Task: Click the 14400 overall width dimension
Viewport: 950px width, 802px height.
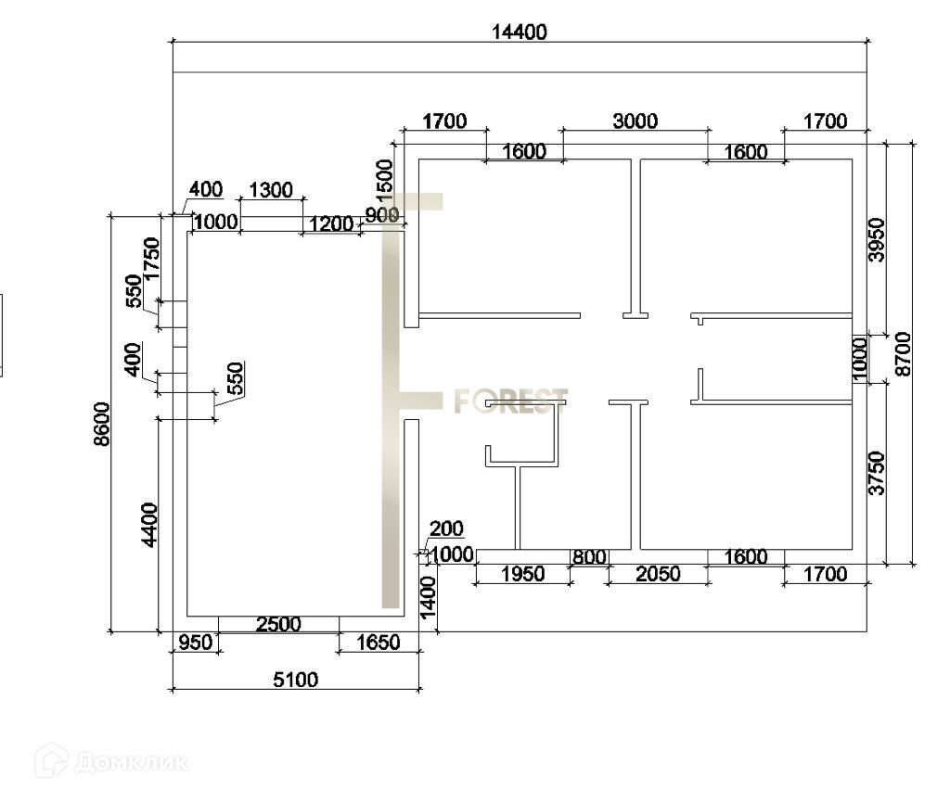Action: pyautogui.click(x=520, y=32)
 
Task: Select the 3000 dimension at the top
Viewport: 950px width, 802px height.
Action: pyautogui.click(x=635, y=121)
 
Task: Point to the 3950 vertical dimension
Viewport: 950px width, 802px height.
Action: pyautogui.click(x=877, y=239)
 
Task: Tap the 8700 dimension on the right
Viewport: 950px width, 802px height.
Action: pyautogui.click(x=904, y=353)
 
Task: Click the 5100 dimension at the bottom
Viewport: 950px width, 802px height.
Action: pyautogui.click(x=295, y=680)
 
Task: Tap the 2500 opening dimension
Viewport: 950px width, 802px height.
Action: pyautogui.click(x=278, y=624)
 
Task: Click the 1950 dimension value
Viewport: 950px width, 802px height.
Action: pyautogui.click(x=522, y=574)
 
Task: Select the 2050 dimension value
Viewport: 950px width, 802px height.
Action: pyautogui.click(x=657, y=574)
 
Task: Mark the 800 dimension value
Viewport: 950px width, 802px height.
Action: pyautogui.click(x=589, y=557)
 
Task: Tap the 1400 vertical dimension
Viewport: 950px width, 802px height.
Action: pyautogui.click(x=428, y=596)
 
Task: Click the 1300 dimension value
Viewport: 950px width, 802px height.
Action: pyautogui.click(x=271, y=191)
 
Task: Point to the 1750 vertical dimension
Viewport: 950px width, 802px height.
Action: pyautogui.click(x=152, y=259)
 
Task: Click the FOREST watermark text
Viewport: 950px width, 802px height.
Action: pyautogui.click(x=510, y=401)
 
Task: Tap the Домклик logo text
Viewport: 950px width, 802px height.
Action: pyautogui.click(x=130, y=763)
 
